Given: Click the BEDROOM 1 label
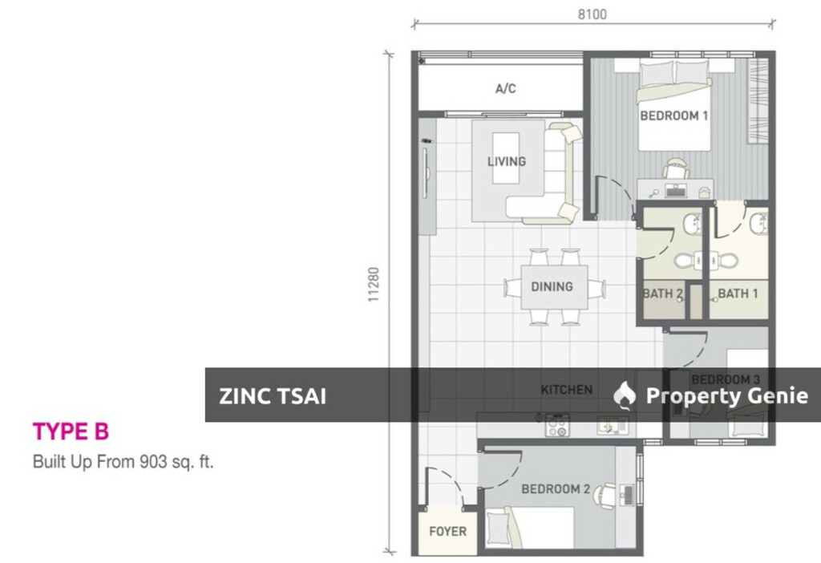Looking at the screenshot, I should coord(673,115).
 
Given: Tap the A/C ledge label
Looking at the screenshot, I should coord(505,89).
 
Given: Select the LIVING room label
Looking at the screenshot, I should coord(507,161).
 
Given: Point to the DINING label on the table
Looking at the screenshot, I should coord(552,286).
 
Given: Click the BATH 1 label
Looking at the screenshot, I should coord(738,294).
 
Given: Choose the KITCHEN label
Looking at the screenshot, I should coord(566,390).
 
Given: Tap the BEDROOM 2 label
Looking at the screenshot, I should coord(556,488).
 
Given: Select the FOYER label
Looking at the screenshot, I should coord(447,531).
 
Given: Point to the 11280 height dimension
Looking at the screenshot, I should coord(373,284).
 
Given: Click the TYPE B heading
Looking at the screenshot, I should coord(71,431).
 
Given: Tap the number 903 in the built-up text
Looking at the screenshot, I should coord(152,462).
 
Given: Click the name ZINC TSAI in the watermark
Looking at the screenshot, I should coord(273,395).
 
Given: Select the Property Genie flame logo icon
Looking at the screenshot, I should coord(625,395).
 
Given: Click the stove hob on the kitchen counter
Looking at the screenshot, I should coord(556,425).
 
